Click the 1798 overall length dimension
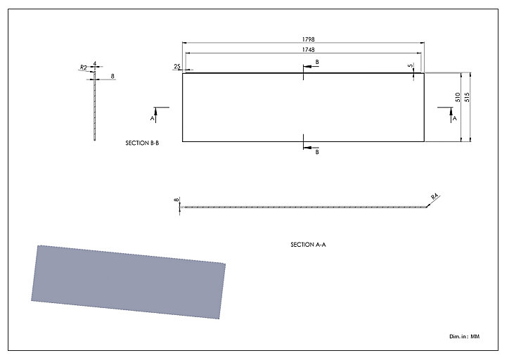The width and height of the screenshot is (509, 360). point(308,39)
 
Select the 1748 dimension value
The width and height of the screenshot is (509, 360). point(308,50)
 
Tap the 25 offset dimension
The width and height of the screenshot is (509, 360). point(177,67)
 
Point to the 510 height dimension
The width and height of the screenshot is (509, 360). point(458,97)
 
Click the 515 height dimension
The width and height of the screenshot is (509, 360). point(467,97)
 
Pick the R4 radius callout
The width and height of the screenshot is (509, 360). point(434,196)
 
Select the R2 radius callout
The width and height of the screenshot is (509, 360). point(84,67)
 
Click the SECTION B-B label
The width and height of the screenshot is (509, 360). point(142,143)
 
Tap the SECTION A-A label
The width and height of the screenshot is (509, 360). point(308,245)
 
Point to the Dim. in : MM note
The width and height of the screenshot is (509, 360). point(464,336)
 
